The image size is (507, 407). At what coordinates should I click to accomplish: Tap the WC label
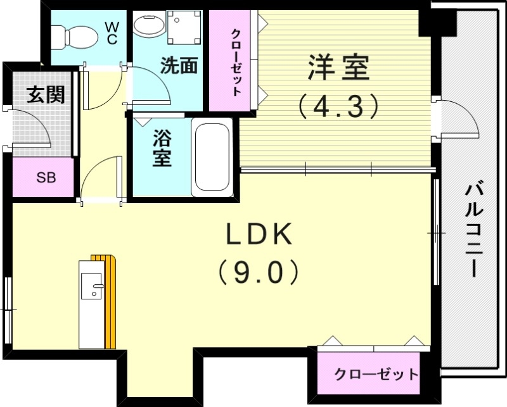pyautogui.click(x=112, y=33)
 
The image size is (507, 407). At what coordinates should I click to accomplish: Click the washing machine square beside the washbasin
pyautogui.click(x=184, y=27)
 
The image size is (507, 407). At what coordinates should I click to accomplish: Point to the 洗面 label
pyautogui.click(x=178, y=66)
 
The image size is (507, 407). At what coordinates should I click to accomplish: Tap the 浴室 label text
pyautogui.click(x=162, y=149)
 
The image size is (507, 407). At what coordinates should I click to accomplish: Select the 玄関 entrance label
pyautogui.click(x=46, y=94)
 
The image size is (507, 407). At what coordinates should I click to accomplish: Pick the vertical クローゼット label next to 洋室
pyautogui.click(x=235, y=62)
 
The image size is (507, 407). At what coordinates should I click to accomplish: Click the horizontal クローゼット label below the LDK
pyautogui.click(x=376, y=374)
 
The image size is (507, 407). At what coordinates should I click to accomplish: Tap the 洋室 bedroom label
pyautogui.click(x=338, y=68)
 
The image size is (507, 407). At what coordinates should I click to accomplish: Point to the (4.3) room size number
pyautogui.click(x=338, y=106)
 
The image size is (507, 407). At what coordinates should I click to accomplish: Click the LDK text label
pyautogui.click(x=258, y=235)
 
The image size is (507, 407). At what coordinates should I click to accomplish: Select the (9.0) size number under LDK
pyautogui.click(x=258, y=273)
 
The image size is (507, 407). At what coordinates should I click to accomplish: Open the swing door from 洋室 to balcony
pyautogui.click(x=455, y=118)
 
